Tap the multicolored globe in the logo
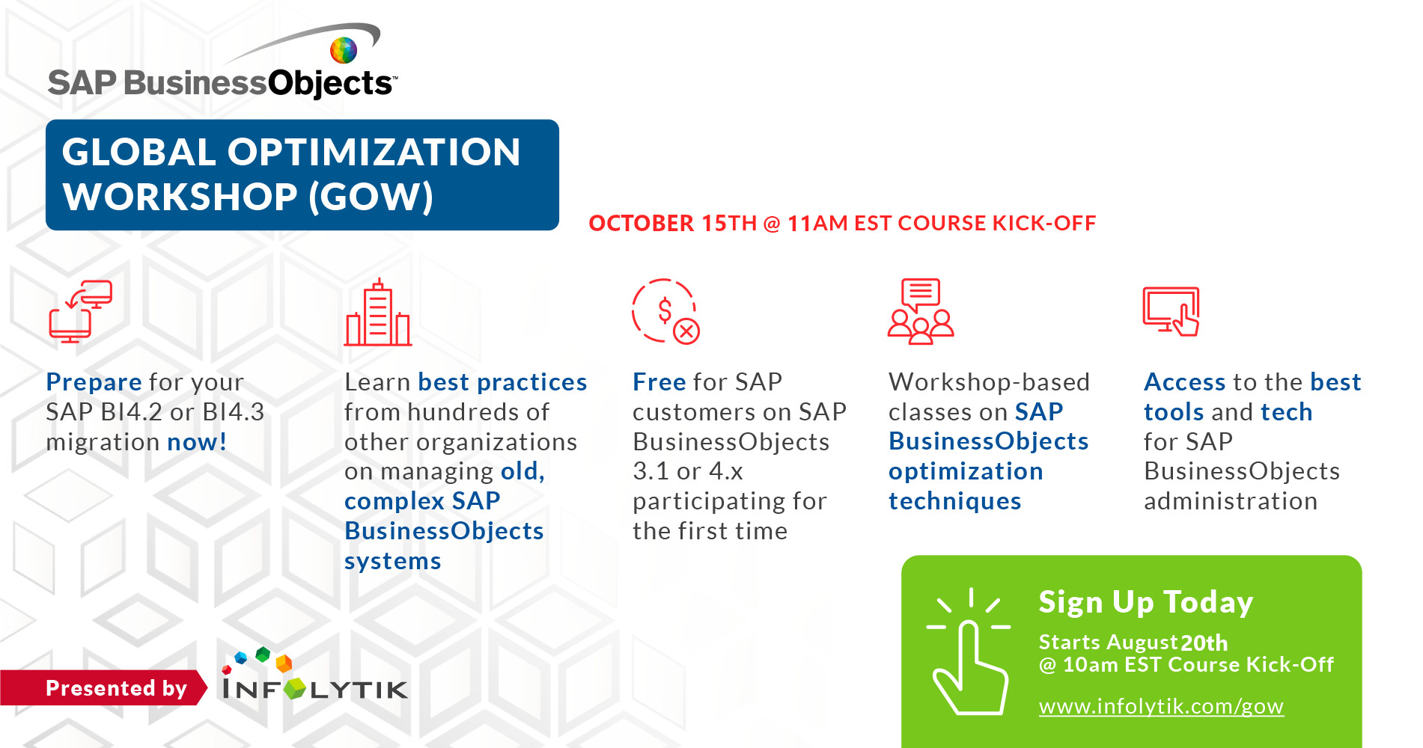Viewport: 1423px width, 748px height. tap(344, 50)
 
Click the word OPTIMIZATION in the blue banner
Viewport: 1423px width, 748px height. tap(374, 152)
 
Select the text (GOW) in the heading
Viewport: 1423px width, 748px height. tap(371, 197)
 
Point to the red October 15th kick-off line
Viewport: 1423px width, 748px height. tap(842, 223)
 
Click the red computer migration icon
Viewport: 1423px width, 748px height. tap(81, 311)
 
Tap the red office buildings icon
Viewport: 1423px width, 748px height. tap(377, 313)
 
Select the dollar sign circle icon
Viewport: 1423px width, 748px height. tap(665, 311)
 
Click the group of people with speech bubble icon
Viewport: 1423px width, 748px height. tap(921, 311)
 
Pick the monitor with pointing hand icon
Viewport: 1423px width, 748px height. tap(1171, 311)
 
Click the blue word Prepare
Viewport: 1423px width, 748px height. tap(94, 382)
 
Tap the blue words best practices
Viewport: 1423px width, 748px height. tap(502, 382)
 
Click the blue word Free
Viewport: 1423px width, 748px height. tap(659, 382)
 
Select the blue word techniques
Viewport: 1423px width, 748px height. tap(954, 501)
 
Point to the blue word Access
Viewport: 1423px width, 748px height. tap(1184, 382)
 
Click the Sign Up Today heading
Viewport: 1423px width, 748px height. tap(1145, 603)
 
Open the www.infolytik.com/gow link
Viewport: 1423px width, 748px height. tap(1161, 706)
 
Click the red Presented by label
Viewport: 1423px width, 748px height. tap(116, 688)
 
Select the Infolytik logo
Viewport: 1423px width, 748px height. tap(315, 675)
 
